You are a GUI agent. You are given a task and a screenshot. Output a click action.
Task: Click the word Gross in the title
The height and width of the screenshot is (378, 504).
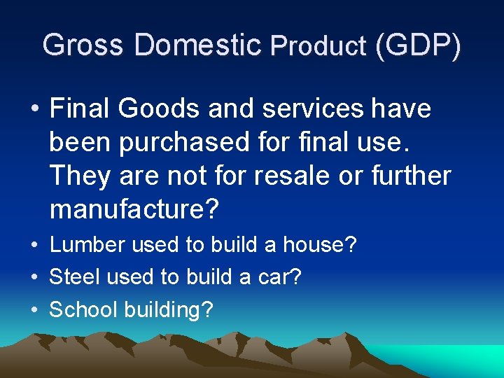(x=83, y=45)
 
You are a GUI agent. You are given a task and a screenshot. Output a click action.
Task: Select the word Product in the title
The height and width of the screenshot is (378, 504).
(x=318, y=46)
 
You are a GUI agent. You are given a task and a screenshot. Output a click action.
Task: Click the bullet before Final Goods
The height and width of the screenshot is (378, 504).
(x=34, y=110)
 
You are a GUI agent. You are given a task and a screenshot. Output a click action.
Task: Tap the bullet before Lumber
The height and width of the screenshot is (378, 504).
(x=34, y=246)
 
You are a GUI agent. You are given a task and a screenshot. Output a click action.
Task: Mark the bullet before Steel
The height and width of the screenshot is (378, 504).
(x=34, y=278)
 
